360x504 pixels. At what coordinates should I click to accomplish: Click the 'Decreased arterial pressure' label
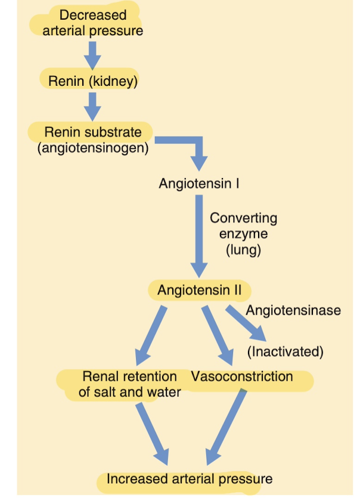[92, 23]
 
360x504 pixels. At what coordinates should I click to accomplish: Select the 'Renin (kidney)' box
[92, 81]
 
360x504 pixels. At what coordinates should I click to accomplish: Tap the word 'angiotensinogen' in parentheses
[92, 147]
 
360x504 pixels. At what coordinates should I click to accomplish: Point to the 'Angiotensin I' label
[199, 183]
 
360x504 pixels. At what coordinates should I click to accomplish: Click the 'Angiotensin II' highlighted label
[199, 291]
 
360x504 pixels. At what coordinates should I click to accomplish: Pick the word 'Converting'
[243, 218]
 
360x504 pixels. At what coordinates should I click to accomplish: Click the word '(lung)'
[243, 250]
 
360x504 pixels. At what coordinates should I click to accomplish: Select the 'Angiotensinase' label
[293, 310]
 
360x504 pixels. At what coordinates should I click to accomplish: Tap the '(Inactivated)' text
[285, 351]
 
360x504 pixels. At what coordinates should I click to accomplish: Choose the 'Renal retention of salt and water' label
[129, 384]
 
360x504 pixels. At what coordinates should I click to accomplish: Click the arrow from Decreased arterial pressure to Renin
[92, 55]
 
